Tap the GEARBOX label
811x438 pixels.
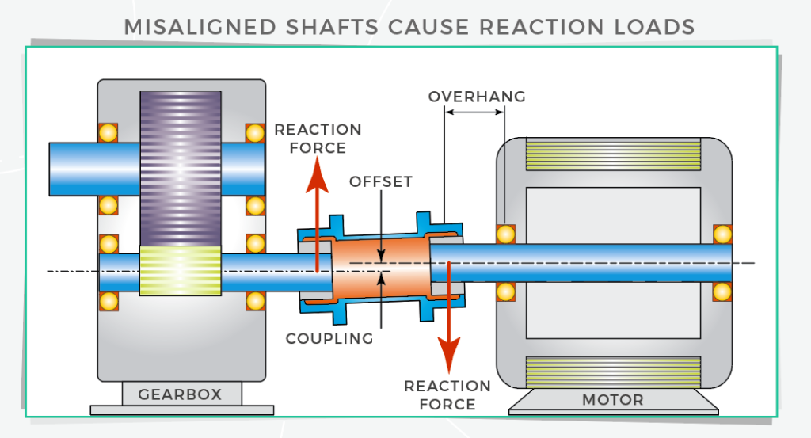pyautogui.click(x=180, y=394)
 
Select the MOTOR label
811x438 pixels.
pyautogui.click(x=613, y=399)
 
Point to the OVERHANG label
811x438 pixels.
pyautogui.click(x=477, y=97)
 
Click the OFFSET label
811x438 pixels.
pyautogui.click(x=381, y=181)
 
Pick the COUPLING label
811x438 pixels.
pyautogui.click(x=329, y=338)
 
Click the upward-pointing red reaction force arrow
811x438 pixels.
pyautogui.click(x=318, y=206)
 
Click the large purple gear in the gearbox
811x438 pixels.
pyautogui.click(x=181, y=166)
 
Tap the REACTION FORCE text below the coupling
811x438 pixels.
pyautogui.click(x=447, y=395)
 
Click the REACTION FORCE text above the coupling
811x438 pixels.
pyautogui.click(x=318, y=139)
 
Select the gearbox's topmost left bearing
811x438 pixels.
pyautogui.click(x=108, y=132)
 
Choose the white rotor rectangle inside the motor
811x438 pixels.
pyautogui.click(x=613, y=214)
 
